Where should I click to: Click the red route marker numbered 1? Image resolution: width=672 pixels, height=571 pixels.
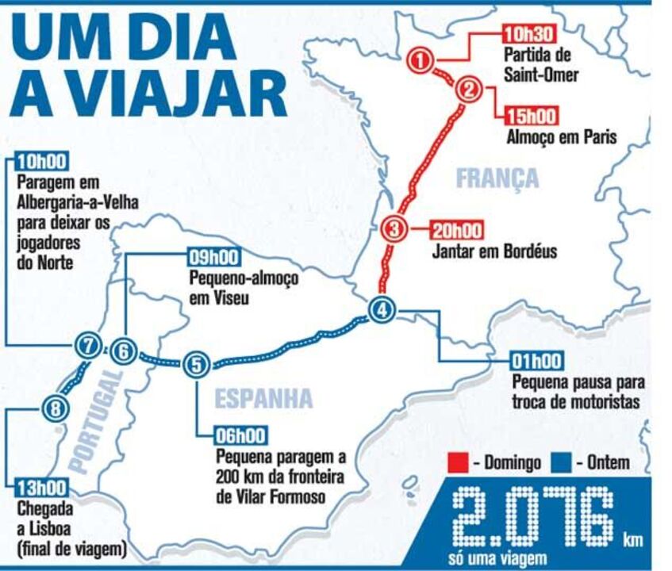coord(421,59)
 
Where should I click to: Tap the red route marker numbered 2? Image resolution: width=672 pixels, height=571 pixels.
coord(469,90)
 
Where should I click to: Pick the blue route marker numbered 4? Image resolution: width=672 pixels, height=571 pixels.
coord(382,311)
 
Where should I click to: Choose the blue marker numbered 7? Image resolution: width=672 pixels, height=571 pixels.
coord(88,346)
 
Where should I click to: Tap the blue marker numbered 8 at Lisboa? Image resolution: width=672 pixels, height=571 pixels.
coord(53,409)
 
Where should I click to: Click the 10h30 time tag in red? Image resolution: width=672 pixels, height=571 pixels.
coord(528,34)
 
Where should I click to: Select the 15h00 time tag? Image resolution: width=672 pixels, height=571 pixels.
coord(530,117)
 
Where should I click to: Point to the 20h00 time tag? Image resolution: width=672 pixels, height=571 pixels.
coord(457,232)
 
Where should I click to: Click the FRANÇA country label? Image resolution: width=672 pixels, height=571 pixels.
coord(497,178)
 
